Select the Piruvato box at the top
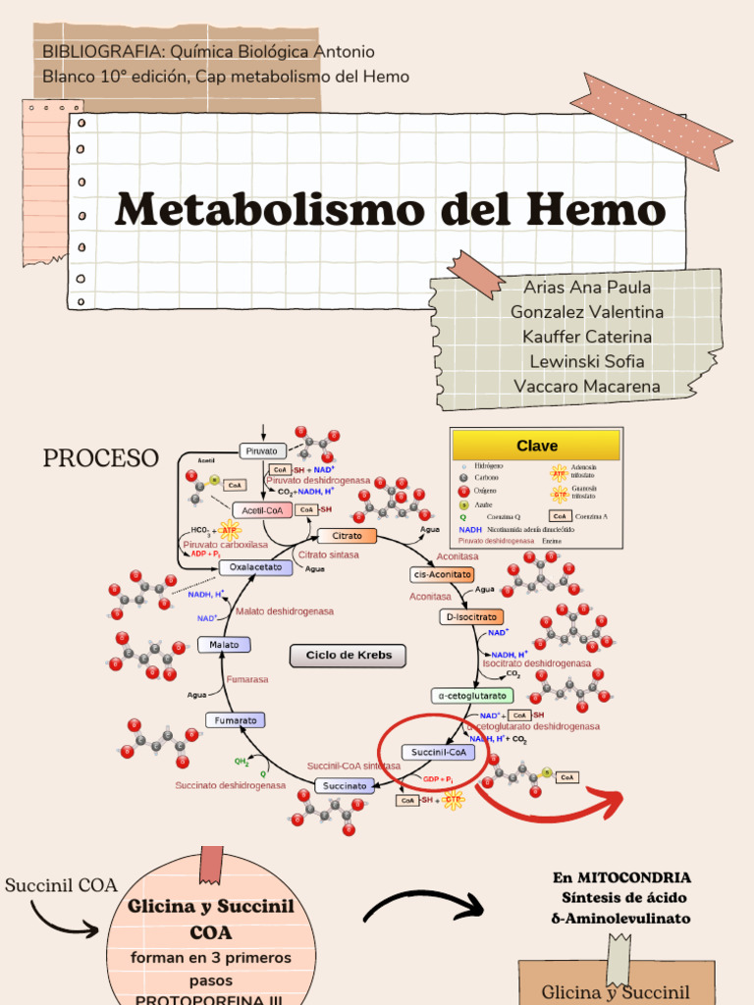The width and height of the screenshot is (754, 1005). tap(263, 450)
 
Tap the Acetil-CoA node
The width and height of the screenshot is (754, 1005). tap(262, 510)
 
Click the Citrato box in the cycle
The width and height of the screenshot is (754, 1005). tap(347, 536)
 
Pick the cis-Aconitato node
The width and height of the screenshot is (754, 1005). tap(442, 574)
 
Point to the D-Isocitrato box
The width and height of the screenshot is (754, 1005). tap(471, 617)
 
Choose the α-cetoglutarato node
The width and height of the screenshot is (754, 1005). tap(471, 696)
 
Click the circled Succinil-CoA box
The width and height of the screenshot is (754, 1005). tap(438, 753)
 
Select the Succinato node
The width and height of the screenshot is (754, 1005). tap(345, 786)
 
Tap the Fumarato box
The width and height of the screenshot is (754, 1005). tap(236, 720)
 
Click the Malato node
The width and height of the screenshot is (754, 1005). tap(224, 645)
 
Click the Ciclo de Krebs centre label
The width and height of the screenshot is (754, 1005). tap(349, 656)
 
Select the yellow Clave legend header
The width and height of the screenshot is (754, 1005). tap(537, 446)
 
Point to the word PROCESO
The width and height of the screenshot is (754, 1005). tap(100, 458)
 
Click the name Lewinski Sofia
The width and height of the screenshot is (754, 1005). tap(587, 361)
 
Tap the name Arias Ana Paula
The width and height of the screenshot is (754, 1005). tap(587, 288)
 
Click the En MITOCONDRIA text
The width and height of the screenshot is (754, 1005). tap(621, 877)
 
